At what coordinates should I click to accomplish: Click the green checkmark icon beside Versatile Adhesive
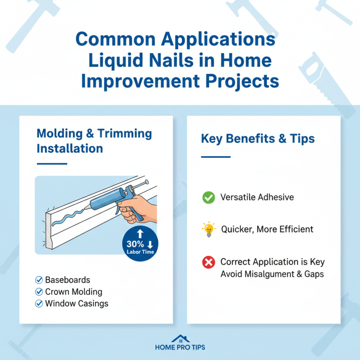pyautogui.click(x=208, y=197)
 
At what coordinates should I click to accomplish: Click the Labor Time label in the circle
pyautogui.click(x=139, y=252)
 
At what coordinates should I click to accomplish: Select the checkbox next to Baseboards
pyautogui.click(x=39, y=280)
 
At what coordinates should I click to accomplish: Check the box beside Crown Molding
pyautogui.click(x=39, y=292)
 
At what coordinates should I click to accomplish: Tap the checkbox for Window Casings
pyautogui.click(x=39, y=304)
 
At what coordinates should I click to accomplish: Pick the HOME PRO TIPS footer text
pyautogui.click(x=180, y=348)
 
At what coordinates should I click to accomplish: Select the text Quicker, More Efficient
pyautogui.click(x=267, y=229)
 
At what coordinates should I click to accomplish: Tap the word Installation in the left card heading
pyautogui.click(x=69, y=148)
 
